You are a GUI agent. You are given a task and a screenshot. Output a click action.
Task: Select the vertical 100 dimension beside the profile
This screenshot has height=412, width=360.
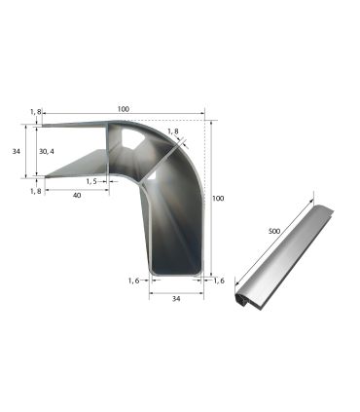tap(218, 198)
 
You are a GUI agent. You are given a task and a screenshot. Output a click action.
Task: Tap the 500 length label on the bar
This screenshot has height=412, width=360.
tap(276, 233)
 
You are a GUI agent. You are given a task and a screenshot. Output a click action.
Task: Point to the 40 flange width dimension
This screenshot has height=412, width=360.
tap(77, 195)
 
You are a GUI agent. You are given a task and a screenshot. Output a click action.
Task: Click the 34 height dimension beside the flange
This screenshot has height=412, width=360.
tap(16, 152)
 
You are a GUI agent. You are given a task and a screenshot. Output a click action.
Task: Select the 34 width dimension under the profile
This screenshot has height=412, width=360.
tap(176, 300)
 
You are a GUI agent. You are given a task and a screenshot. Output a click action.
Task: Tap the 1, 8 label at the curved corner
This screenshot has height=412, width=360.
tap(172, 131)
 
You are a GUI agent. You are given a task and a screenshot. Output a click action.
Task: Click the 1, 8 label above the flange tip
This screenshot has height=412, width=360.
tap(36, 113)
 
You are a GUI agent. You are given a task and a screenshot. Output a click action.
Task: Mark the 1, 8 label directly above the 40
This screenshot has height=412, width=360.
tap(36, 191)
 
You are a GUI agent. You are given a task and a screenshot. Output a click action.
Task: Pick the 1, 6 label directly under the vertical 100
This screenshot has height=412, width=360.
tap(219, 281)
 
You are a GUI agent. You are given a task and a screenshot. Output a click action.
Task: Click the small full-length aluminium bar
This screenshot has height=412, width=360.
tap(282, 258)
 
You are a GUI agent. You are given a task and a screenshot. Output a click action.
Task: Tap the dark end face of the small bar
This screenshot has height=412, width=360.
tap(237, 303)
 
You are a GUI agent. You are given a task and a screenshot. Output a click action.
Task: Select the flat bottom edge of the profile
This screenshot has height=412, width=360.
tap(176, 276)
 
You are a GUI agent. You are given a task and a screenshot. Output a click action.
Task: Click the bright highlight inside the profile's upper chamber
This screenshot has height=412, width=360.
tap(131, 141)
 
